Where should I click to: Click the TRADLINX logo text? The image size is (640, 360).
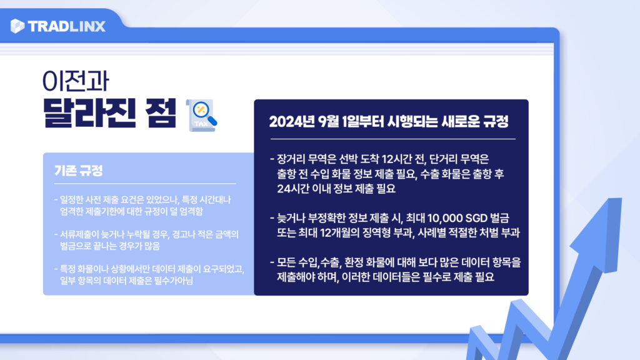pyautogui.click(x=67, y=26)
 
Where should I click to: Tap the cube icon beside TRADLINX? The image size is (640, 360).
pyautogui.click(x=17, y=26)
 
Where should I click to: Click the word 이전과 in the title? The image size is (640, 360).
pyautogui.click(x=76, y=81)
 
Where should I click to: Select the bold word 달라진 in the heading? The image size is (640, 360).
pyautogui.click(x=89, y=113)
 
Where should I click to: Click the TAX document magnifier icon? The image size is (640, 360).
pyautogui.click(x=202, y=116)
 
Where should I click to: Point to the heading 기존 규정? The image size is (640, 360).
pyautogui.click(x=78, y=171)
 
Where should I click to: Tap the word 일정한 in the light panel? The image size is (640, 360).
pyautogui.click(x=70, y=200)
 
